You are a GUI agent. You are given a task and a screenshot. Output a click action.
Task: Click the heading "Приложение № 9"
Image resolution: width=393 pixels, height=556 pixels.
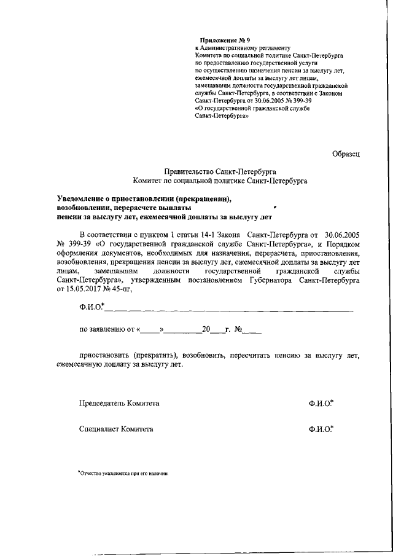(220, 41)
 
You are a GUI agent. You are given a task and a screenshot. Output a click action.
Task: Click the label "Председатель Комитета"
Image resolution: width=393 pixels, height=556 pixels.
(119, 403)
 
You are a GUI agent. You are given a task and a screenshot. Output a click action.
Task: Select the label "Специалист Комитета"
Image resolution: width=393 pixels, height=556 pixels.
(116, 429)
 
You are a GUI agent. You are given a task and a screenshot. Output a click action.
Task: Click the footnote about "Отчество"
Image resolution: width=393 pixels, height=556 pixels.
(123, 474)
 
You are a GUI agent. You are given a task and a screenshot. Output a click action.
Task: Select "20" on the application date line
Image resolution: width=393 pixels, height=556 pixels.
(206, 330)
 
